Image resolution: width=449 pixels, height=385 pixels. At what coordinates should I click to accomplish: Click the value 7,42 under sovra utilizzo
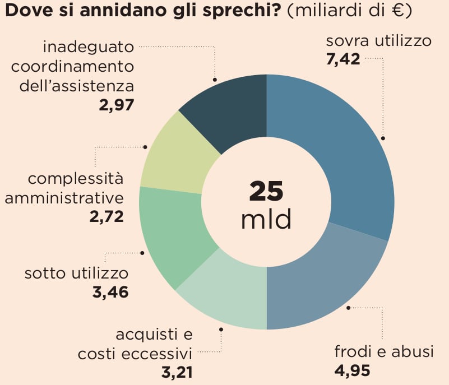click(x=342, y=59)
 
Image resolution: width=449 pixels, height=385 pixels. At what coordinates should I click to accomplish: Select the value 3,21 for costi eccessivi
click(x=174, y=372)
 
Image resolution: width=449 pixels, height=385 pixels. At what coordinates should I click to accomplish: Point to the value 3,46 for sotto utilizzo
click(x=110, y=291)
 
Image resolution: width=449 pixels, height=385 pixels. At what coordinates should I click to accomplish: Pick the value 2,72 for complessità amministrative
click(x=107, y=216)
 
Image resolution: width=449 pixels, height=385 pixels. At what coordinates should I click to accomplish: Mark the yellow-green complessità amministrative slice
click(x=174, y=157)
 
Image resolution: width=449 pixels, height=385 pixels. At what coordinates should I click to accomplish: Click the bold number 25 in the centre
click(x=266, y=191)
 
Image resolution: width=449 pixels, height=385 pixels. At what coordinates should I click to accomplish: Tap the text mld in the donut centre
click(x=266, y=220)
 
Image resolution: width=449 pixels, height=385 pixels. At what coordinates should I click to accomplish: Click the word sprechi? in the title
click(x=247, y=12)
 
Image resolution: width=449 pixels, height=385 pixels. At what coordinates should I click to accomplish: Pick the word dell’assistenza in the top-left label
click(x=77, y=86)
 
